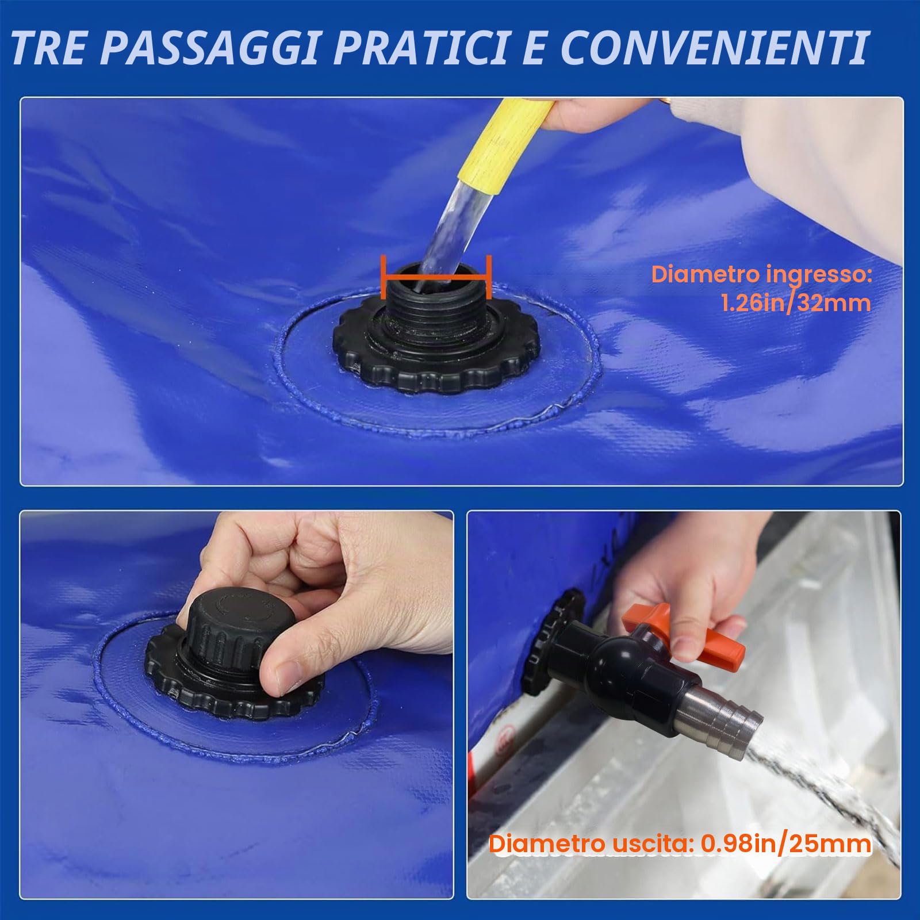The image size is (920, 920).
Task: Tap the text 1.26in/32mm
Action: [x=796, y=303]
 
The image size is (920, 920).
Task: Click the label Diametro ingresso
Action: [x=761, y=275]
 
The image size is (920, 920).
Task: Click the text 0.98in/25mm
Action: [x=785, y=844]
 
